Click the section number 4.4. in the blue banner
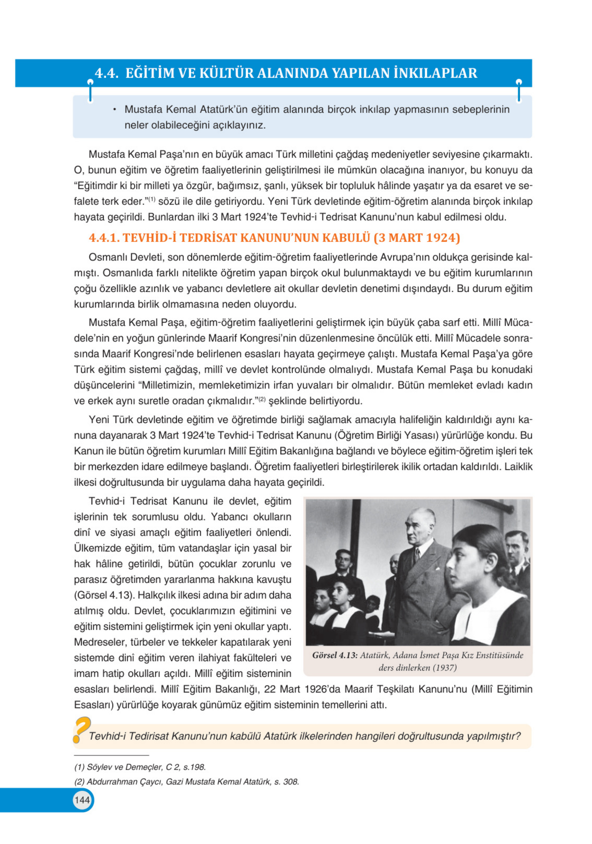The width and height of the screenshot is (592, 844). click(x=106, y=73)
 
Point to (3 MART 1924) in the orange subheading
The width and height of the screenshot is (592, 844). click(x=417, y=238)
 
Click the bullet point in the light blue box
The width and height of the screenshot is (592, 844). click(x=115, y=110)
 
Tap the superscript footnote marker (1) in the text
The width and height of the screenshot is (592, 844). click(x=152, y=200)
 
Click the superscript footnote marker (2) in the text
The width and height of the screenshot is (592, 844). click(x=262, y=399)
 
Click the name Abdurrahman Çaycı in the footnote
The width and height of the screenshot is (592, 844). click(x=124, y=782)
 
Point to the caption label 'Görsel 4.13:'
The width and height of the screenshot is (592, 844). click(x=334, y=655)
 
